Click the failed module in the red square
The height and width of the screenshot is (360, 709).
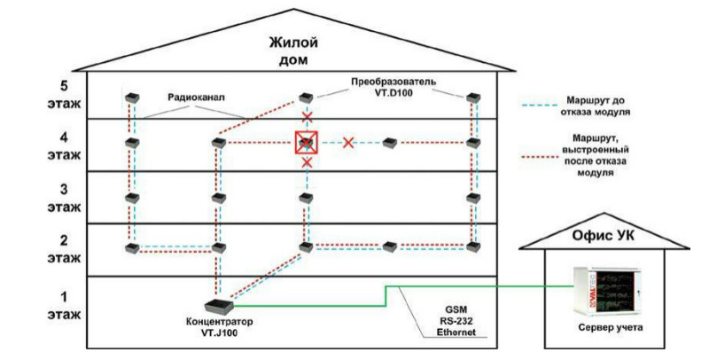(306, 142)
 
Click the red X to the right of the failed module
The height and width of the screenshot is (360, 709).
(348, 142)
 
